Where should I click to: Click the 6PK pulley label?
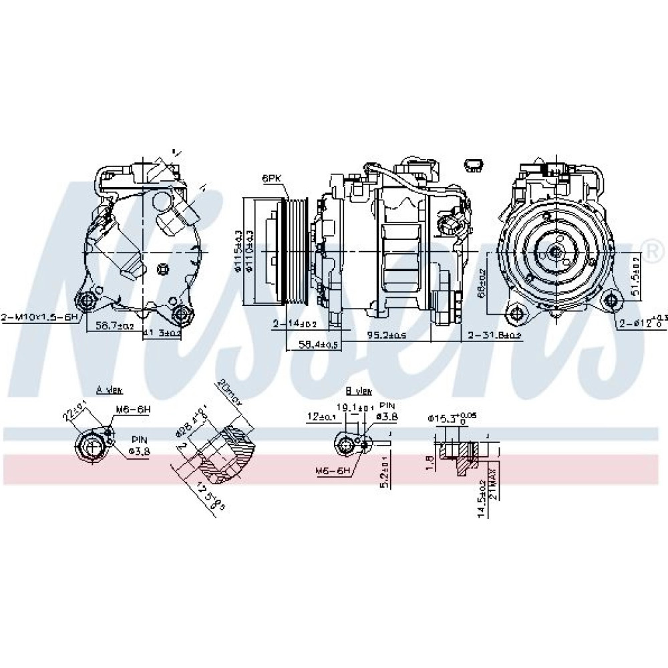(272, 179)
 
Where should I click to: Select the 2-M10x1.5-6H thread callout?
(41, 317)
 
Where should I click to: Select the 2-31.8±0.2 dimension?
(494, 336)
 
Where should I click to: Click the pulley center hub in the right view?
(554, 252)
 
